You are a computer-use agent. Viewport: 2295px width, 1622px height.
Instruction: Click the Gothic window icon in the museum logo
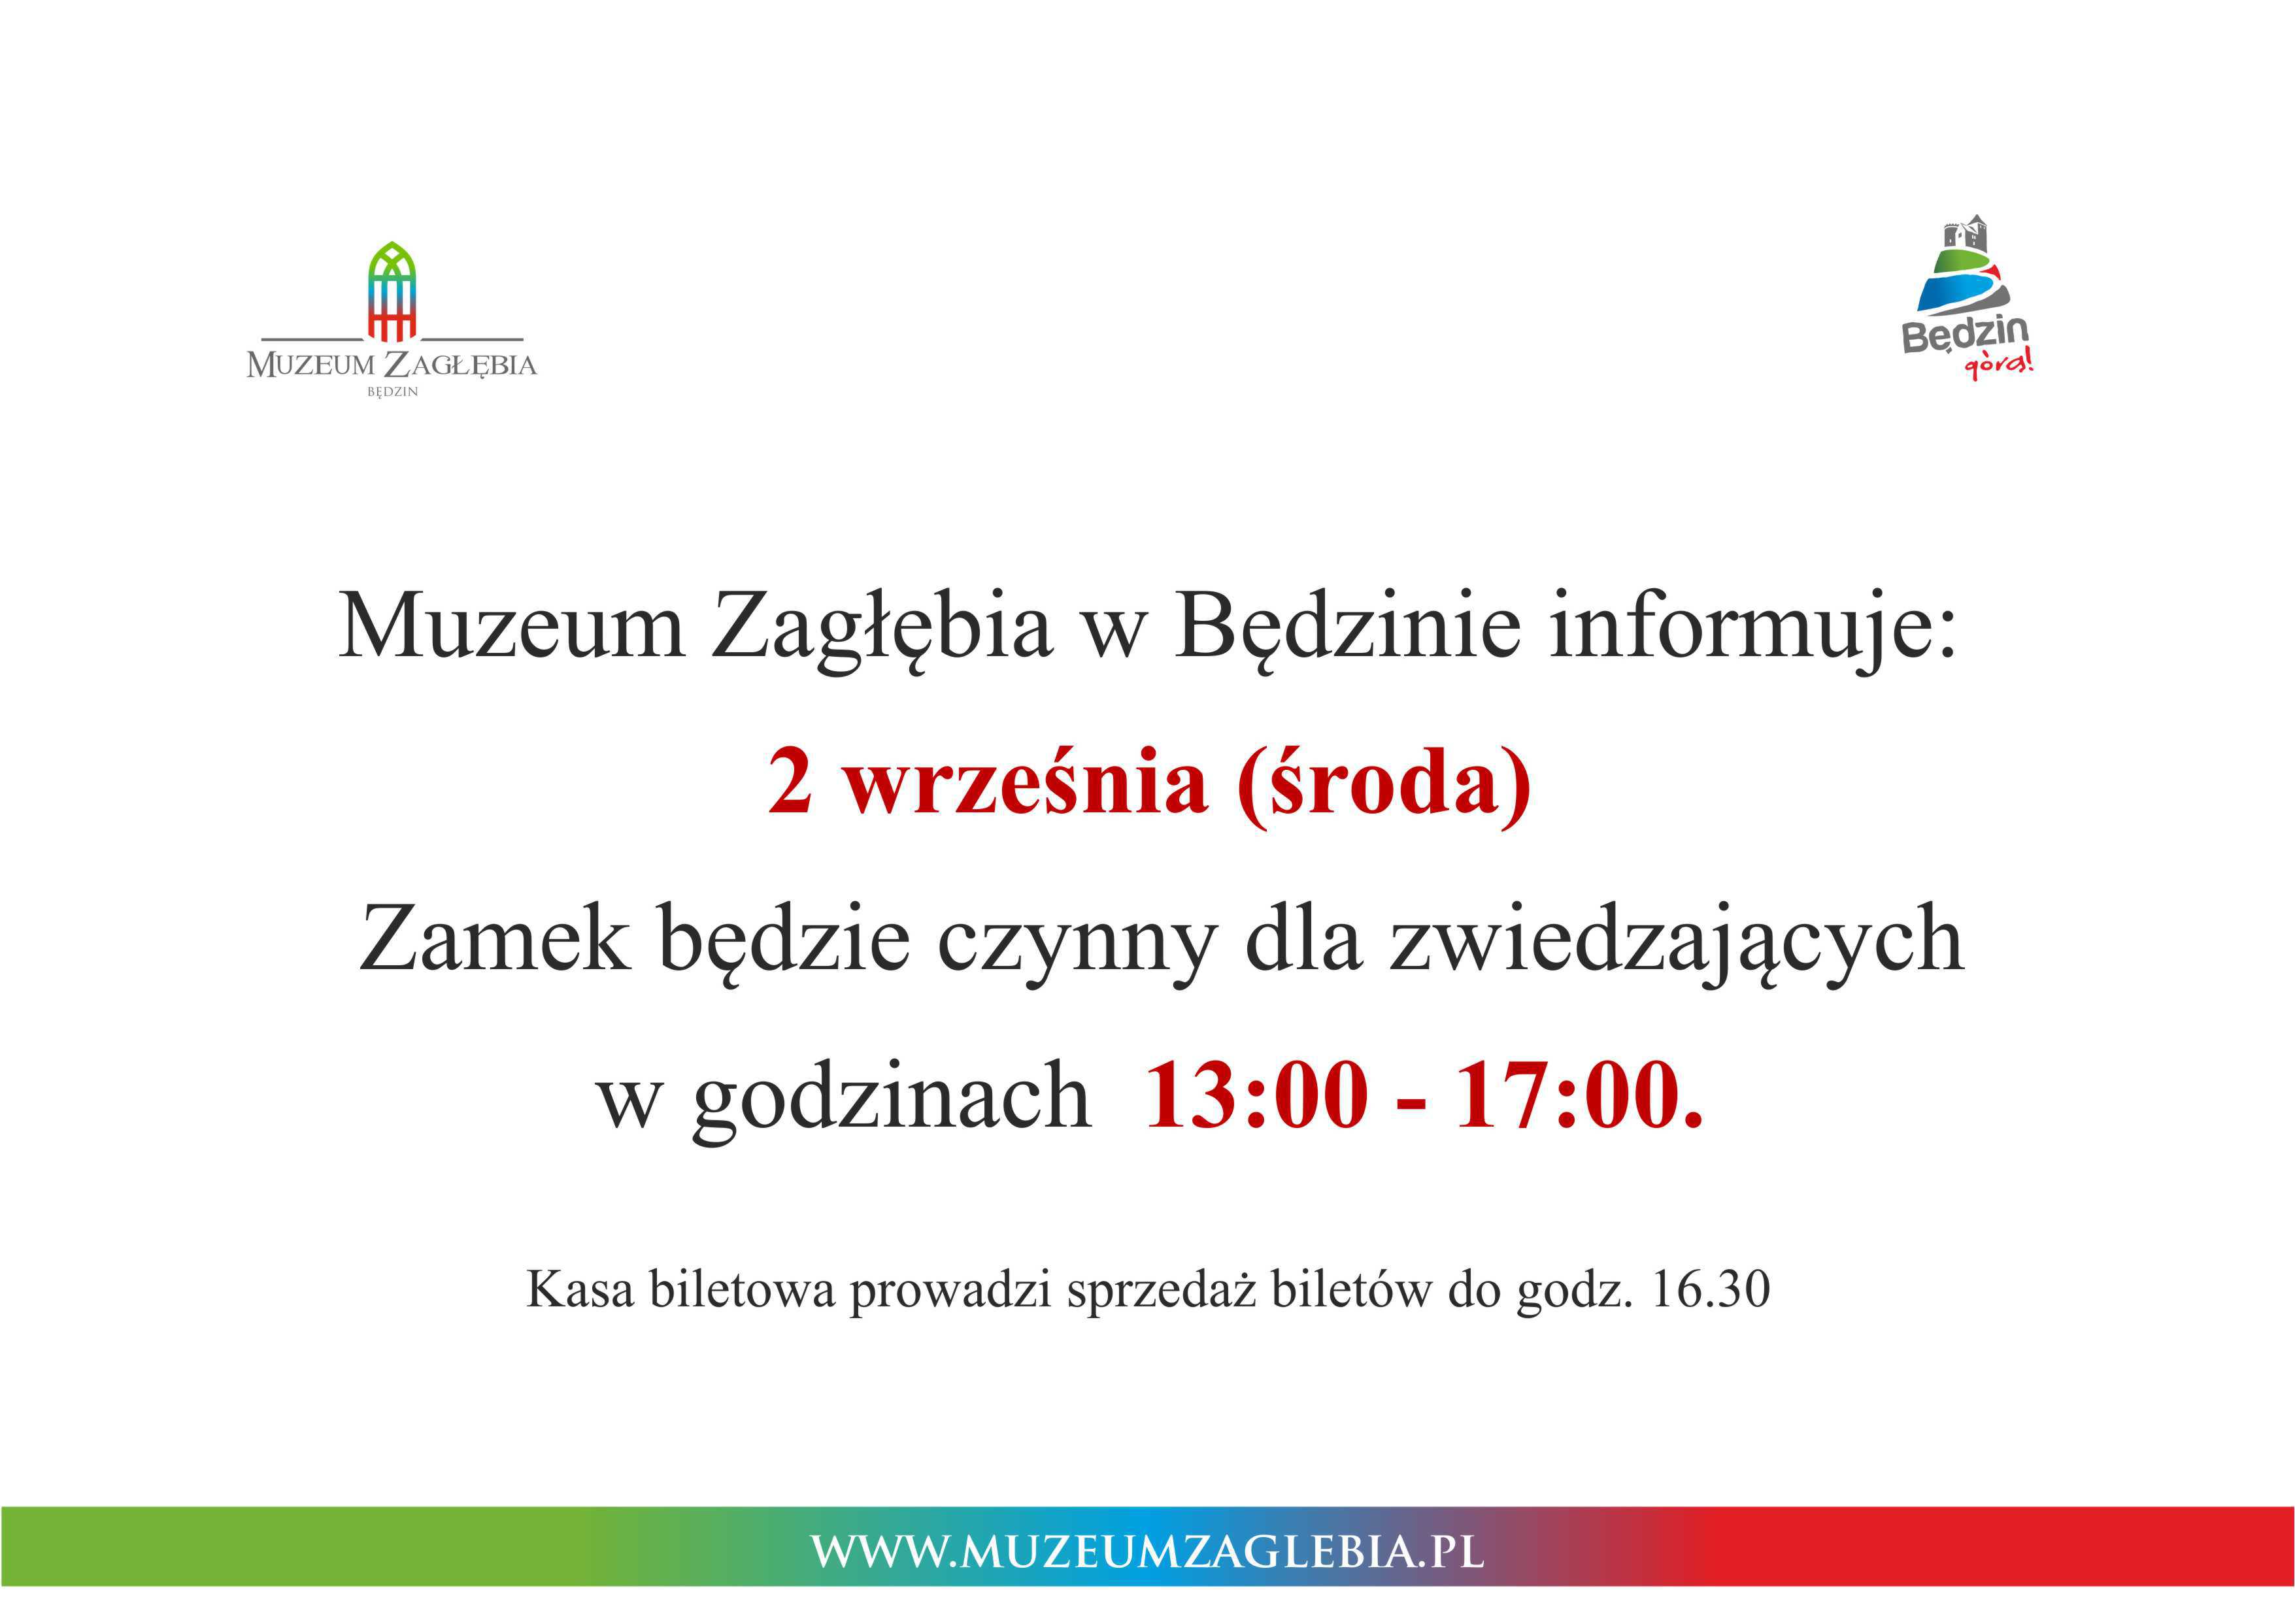(392, 291)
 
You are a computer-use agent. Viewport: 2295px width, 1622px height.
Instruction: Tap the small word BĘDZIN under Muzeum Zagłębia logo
(392, 391)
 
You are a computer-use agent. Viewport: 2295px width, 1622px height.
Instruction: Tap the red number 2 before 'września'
(790, 782)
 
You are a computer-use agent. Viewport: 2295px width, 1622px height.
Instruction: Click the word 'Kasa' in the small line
(580, 1289)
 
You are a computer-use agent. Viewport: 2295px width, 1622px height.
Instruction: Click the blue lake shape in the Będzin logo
(1949, 293)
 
